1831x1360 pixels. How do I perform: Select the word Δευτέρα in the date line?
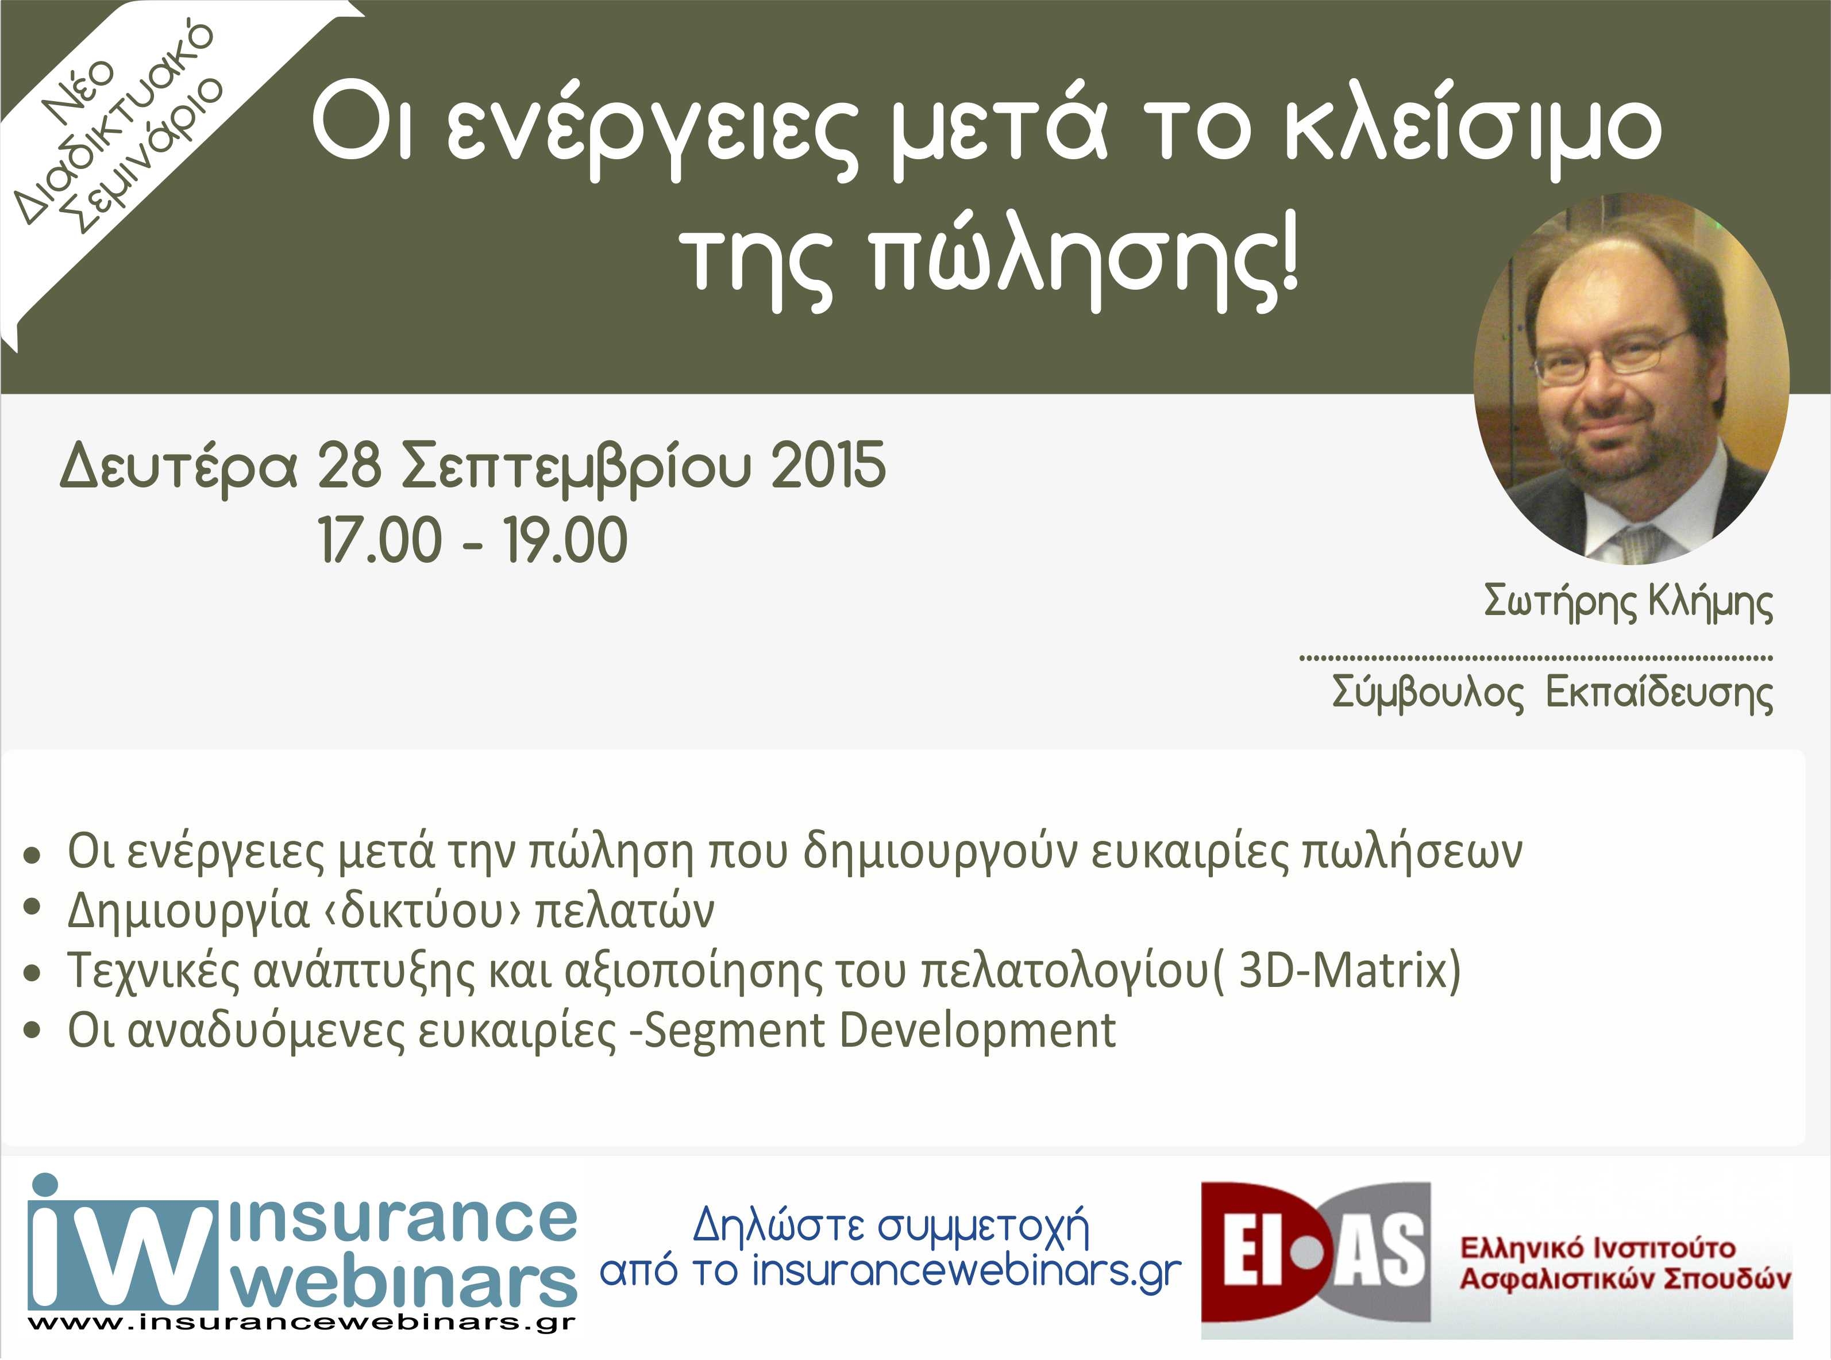tap(179, 467)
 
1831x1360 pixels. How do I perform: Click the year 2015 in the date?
tap(828, 465)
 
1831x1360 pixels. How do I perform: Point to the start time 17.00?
tap(380, 540)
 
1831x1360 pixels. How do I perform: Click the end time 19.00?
tap(565, 540)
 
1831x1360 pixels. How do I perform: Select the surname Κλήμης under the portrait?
tap(1711, 604)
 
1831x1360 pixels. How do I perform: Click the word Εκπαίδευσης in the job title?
tap(1659, 693)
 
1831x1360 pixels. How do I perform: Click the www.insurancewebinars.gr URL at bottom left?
tap(301, 1323)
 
